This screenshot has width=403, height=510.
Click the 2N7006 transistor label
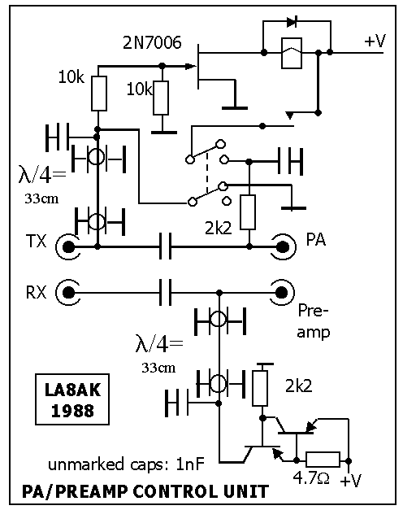(152, 42)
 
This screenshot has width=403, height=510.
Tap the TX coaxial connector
(68, 247)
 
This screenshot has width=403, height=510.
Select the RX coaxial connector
(68, 293)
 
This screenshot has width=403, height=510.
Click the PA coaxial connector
(282, 247)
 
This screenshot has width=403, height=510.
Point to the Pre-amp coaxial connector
(281, 293)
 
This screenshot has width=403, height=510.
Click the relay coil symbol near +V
(292, 53)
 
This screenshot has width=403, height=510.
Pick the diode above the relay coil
(292, 22)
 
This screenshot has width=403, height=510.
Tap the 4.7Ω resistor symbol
(323, 460)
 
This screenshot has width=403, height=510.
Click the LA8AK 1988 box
(72, 399)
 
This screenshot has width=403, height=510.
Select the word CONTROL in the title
(175, 491)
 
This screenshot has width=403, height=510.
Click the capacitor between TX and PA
(166, 246)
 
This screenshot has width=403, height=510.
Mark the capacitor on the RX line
(166, 292)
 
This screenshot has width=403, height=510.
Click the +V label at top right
(375, 41)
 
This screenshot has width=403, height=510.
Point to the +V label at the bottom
(351, 480)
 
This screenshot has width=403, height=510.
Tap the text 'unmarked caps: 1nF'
(126, 464)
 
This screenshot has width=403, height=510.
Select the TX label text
(36, 241)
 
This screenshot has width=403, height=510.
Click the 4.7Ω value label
(311, 478)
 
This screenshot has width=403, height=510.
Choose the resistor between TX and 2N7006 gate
(99, 94)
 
